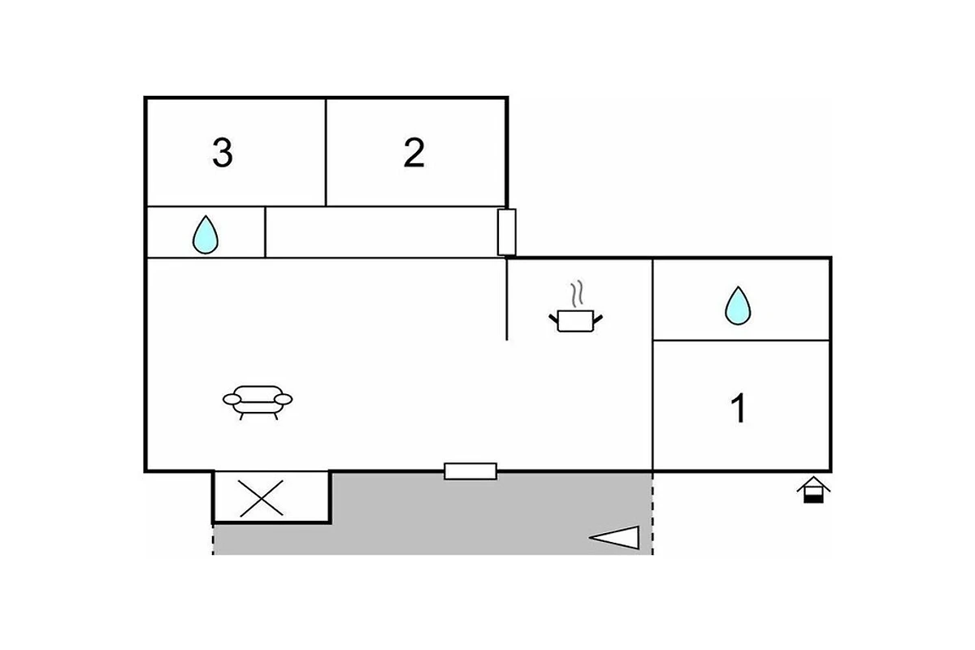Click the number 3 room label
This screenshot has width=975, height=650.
pos(223,153)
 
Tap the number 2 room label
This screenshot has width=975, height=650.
pos(414,153)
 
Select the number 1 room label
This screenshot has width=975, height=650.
pos(738,408)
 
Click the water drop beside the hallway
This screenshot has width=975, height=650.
pos(206,235)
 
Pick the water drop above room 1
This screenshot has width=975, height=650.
pos(738,305)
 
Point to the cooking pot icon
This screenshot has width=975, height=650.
pos(575,321)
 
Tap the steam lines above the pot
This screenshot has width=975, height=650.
pos(577,294)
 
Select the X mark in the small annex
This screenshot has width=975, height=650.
pos(261,499)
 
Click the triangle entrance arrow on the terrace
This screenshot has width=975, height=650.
pos(614,538)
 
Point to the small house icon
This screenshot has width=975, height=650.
pos(813,490)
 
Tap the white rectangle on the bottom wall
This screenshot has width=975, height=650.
pos(470,471)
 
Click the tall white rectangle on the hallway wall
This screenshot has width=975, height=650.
pos(507,232)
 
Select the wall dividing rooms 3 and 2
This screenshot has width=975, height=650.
pos(326,153)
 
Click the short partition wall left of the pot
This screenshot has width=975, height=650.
pos(507,300)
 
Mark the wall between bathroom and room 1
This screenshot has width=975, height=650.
pos(741,340)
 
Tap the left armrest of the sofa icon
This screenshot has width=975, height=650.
pos(232,399)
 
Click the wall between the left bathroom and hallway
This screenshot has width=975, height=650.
pos(265,232)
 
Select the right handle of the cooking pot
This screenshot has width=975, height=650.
pos(598,319)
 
